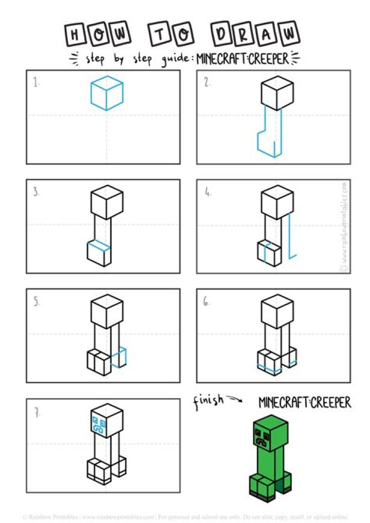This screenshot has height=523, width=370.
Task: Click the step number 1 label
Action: (36, 82)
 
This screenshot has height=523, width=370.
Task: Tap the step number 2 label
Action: (207, 82)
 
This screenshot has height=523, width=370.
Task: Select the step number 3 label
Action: (36, 193)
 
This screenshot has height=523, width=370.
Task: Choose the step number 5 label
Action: (36, 303)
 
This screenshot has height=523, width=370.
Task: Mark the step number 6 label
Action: (207, 303)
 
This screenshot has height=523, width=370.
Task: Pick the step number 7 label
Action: (36, 412)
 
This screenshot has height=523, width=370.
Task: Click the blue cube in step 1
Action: (107, 92)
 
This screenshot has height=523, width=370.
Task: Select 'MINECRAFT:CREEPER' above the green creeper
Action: (305, 402)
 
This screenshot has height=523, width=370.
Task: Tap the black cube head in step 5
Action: (107, 310)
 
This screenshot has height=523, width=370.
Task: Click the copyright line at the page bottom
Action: (185, 516)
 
